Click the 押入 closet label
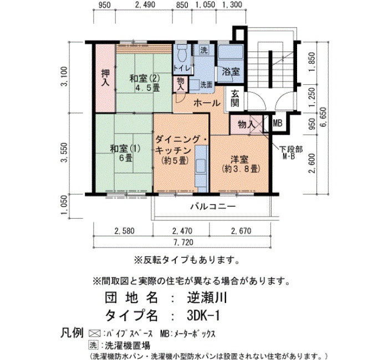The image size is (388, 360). click(105, 78)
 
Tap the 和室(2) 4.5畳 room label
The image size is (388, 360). click(145, 83)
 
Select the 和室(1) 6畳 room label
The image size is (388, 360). click(125, 153)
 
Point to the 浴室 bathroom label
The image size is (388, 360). click(231, 71)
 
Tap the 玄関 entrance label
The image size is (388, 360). click(235, 99)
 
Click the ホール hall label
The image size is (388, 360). click(207, 103)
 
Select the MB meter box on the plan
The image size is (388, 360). click(277, 123)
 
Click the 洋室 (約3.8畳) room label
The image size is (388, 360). click(241, 164)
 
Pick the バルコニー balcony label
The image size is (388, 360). click(213, 206)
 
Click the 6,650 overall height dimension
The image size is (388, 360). click(323, 117)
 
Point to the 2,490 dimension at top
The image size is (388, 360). click(145, 4)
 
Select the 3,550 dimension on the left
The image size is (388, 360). click(64, 152)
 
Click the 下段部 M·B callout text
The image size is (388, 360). click(291, 152)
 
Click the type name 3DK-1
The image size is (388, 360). click(203, 316)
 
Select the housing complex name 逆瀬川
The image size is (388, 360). click(207, 297)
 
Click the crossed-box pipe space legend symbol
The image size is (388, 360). click(94, 333)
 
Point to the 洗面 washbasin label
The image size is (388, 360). click(206, 85)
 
